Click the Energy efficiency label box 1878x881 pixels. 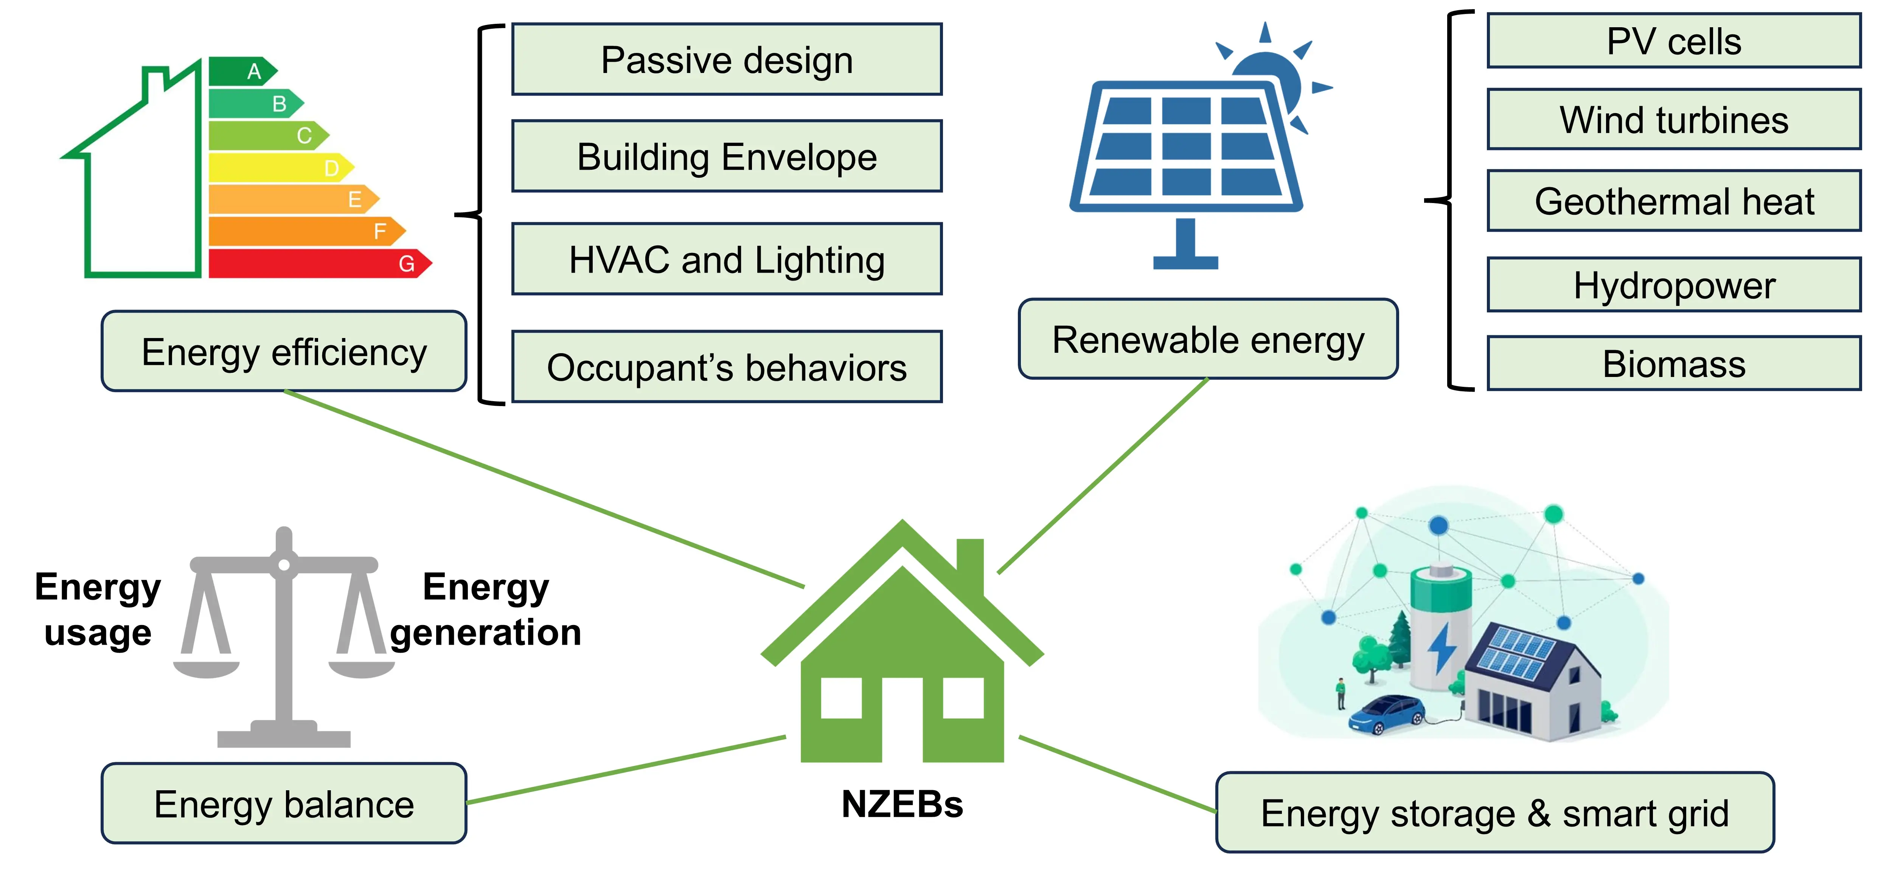(284, 352)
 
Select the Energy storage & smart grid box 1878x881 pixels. (1494, 813)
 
